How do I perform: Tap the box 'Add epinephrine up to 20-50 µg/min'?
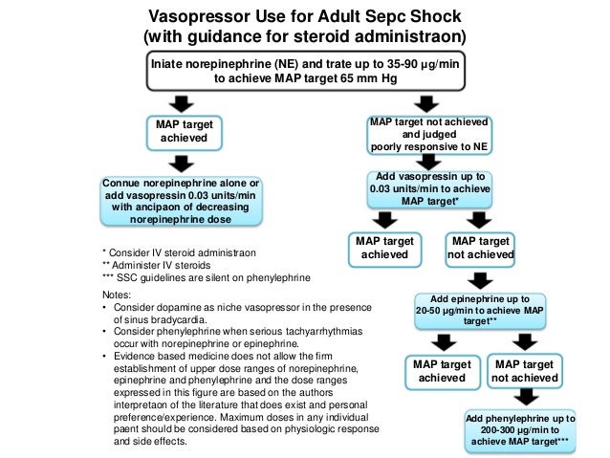[x=480, y=310]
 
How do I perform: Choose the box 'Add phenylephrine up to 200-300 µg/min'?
[x=520, y=431]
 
